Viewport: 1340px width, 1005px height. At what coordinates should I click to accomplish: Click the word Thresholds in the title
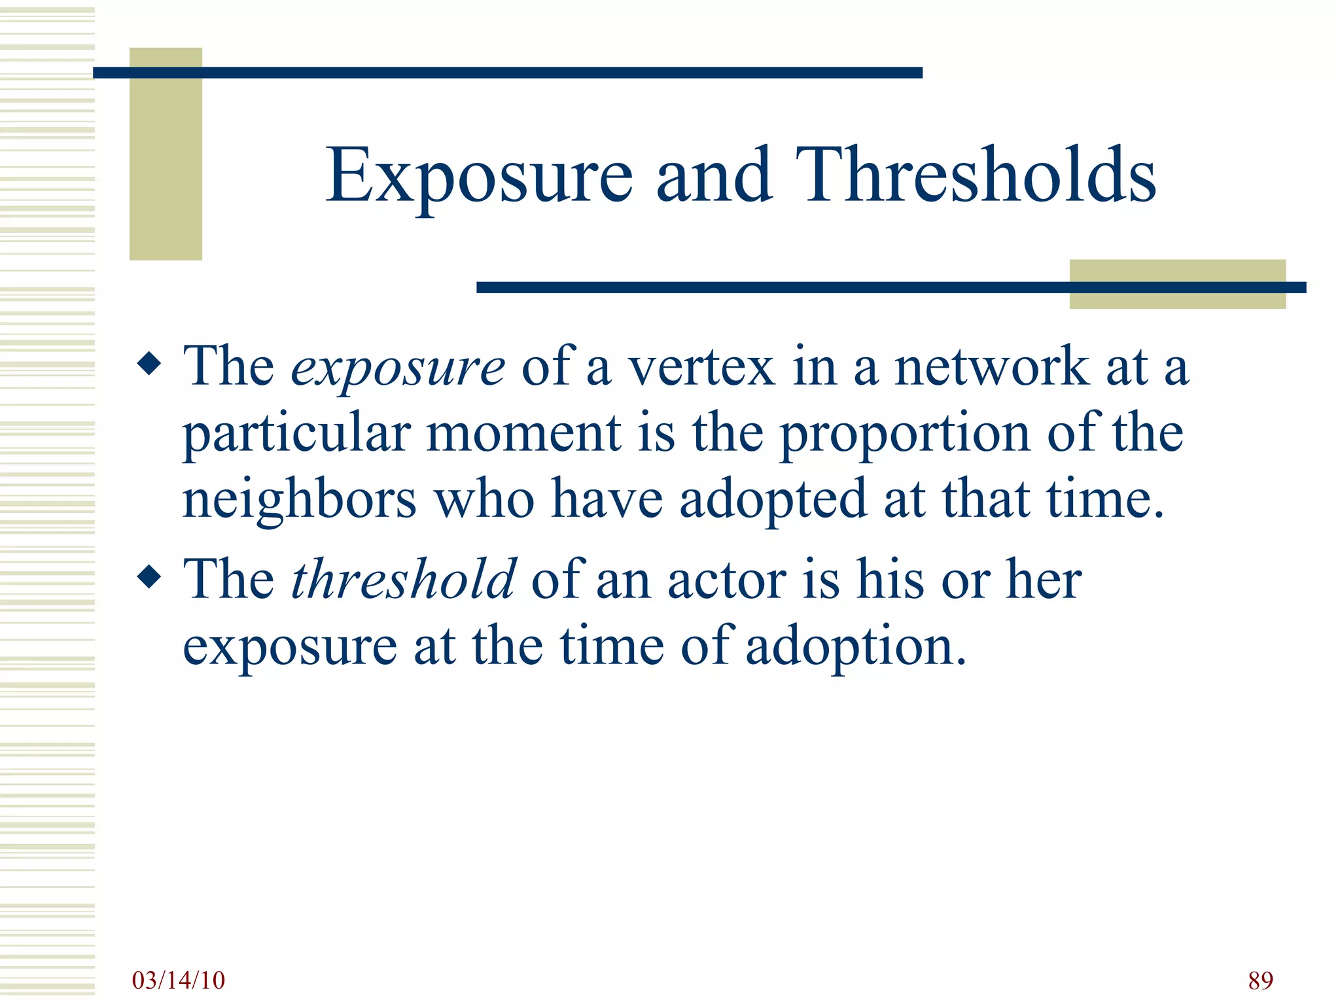tap(975, 175)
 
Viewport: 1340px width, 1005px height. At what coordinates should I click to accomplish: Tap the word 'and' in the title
tap(714, 175)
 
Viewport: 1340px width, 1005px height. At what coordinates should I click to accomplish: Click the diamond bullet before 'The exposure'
tap(150, 363)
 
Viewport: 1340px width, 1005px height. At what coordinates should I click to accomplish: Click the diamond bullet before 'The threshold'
tap(150, 576)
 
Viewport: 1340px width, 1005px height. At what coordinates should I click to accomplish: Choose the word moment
tap(523, 434)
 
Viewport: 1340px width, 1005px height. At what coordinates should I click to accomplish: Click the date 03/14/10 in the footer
tap(178, 980)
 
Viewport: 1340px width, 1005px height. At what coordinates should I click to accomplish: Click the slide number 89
tap(1260, 980)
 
